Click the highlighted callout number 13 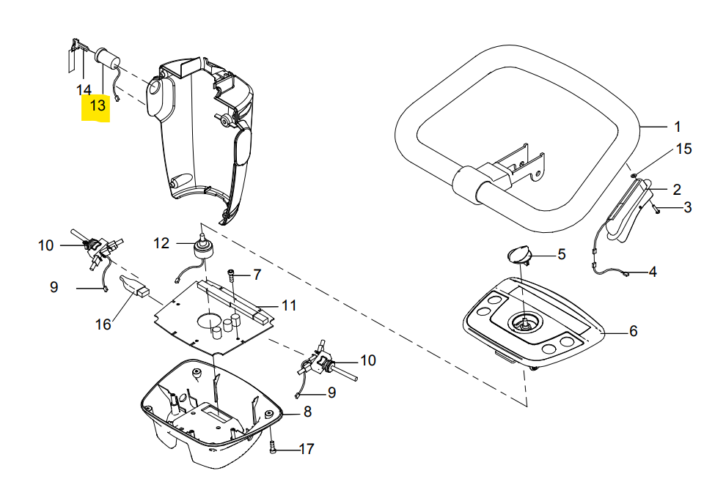(98, 105)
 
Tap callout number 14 (84, 89)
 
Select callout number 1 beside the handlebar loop (678, 127)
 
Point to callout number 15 (684, 149)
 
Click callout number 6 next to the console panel (634, 331)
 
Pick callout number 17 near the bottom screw (307, 449)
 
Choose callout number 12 (161, 243)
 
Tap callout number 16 (103, 324)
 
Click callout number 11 (289, 305)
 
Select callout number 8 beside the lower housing (308, 412)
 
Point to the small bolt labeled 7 (231, 275)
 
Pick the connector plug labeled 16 (134, 286)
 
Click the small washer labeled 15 (634, 175)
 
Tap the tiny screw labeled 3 (656, 209)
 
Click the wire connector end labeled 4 (626, 274)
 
